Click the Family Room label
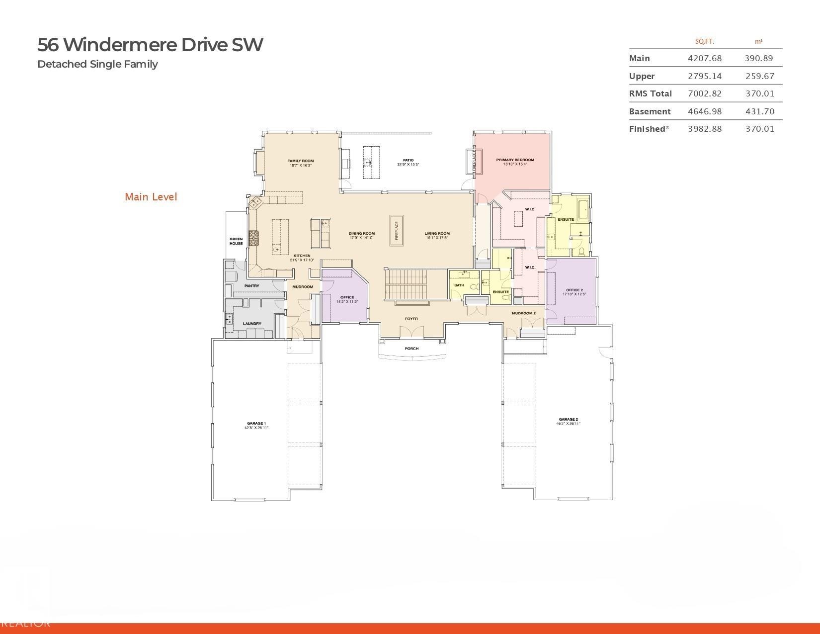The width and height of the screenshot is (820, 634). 301,161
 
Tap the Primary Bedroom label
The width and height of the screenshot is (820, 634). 515,160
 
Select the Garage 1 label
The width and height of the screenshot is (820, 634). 256,424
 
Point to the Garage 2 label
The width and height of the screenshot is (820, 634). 568,420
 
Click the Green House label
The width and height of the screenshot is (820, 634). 236,241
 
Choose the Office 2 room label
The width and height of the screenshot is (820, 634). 574,290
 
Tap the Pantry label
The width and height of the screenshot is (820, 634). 251,286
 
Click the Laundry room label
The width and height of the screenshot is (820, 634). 252,324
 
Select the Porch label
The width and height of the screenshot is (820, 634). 411,349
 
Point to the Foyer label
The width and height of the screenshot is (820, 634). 411,319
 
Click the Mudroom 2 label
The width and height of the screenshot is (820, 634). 523,313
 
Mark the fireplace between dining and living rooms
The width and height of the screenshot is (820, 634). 397,230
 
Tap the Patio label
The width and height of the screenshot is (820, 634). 408,161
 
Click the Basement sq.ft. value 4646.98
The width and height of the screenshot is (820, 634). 704,111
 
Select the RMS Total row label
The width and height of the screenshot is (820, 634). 650,93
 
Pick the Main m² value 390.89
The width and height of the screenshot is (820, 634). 758,58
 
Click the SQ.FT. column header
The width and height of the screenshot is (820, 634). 704,42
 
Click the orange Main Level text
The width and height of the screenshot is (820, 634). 151,197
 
